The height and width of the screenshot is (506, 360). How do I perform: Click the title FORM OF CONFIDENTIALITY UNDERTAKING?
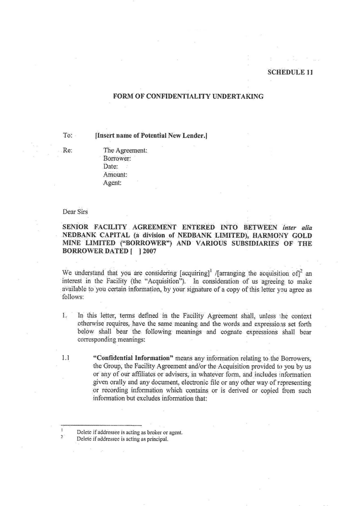[x=188, y=96]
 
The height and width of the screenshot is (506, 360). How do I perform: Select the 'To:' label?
[x=67, y=135]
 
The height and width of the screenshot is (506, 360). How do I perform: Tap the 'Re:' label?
[x=68, y=150]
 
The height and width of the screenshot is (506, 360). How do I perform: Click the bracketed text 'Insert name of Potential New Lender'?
[x=151, y=135]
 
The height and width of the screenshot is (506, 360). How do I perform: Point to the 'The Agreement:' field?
[x=125, y=150]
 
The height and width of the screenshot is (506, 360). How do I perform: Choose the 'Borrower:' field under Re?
[x=117, y=158]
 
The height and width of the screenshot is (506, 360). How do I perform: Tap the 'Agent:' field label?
[x=112, y=182]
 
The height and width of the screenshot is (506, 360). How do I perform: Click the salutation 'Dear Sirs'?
[x=75, y=211]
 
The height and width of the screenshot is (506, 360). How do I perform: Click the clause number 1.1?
[x=67, y=358]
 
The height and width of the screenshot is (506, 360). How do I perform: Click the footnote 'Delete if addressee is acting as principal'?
[x=122, y=438]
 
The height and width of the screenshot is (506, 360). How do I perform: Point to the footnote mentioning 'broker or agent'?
[x=130, y=432]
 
